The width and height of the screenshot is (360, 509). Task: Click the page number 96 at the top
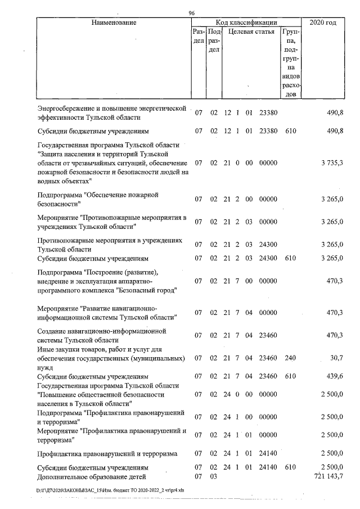pos(192,13)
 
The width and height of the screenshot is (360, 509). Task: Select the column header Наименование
pos(112,23)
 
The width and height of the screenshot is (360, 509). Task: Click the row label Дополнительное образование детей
pos(84,476)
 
